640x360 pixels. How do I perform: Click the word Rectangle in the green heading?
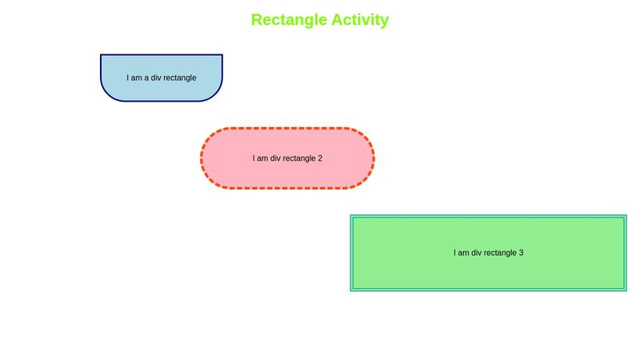pos(289,20)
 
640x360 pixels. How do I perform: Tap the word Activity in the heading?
pos(360,20)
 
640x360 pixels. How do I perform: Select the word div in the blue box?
pos(157,78)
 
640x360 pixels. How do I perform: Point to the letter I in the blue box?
pos(128,78)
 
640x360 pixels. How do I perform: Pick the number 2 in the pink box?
pos(320,158)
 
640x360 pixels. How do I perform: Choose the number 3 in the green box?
pos(521,253)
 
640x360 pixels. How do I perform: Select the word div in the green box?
pos(478,253)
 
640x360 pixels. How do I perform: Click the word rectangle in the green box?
pos(501,253)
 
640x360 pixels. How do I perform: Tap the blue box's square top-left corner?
pos(101,55)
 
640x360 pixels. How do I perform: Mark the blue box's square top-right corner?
pos(222,55)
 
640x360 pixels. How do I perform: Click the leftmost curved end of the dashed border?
pos(202,158)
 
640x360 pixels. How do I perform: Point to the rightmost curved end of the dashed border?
pos(374,158)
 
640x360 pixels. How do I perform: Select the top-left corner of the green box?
pos(352,216)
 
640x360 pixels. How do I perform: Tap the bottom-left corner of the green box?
pos(352,290)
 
